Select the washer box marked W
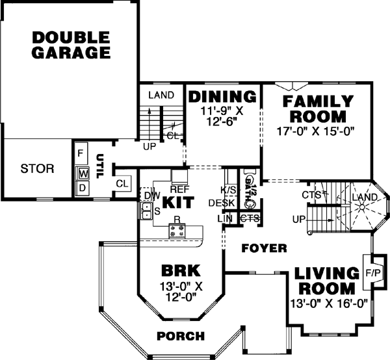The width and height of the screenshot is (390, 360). coord(83,174)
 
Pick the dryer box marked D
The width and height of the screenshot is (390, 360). coord(83,188)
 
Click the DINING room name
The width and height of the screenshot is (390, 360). coord(222,97)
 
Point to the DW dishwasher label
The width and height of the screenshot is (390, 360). coord(151,195)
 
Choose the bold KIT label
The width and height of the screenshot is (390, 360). coord(178,203)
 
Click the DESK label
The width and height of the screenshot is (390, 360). coord(221,203)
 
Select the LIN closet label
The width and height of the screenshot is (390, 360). coord(225,219)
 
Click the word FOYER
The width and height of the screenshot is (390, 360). coord(264,248)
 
